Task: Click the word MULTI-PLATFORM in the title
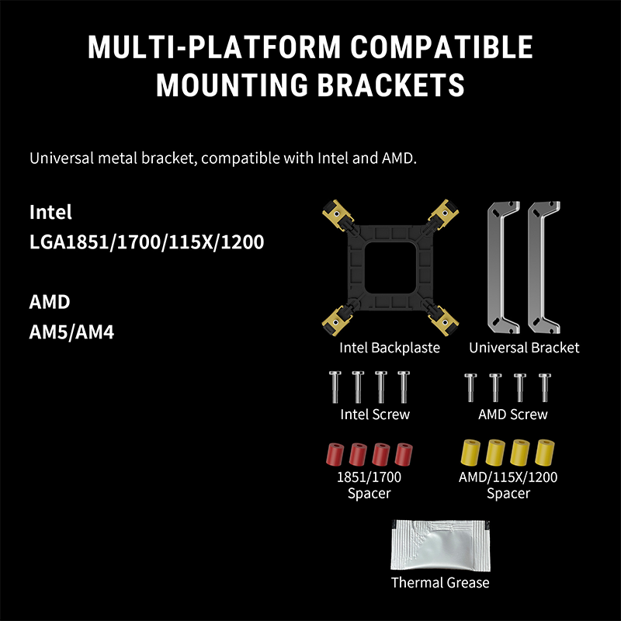[x=214, y=47]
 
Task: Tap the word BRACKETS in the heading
[x=390, y=85]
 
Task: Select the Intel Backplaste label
[x=390, y=348]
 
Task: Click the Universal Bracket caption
[x=524, y=348]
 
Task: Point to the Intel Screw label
[x=375, y=415]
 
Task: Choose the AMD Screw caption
[x=513, y=415]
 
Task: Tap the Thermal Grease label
[x=440, y=583]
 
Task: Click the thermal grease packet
[x=440, y=546]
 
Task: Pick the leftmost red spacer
[x=335, y=454]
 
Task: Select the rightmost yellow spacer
[x=545, y=453]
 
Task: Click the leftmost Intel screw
[x=335, y=387]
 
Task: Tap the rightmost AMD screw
[x=545, y=387]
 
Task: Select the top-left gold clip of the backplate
[x=337, y=214]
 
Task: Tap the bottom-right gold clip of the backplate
[x=442, y=321]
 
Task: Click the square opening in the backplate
[x=390, y=267]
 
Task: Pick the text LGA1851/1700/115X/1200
[x=147, y=242]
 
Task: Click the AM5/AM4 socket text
[x=71, y=332]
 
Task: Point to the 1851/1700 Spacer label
[x=369, y=485]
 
